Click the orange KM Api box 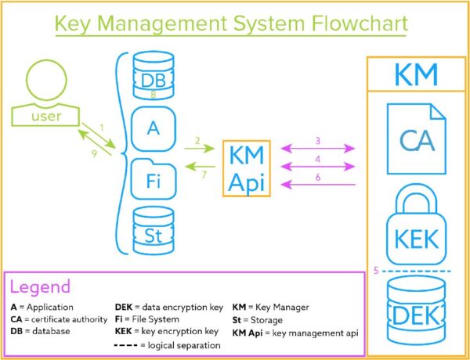(247, 167)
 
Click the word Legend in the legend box (40, 286)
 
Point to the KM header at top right (416, 77)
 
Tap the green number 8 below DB (153, 95)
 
